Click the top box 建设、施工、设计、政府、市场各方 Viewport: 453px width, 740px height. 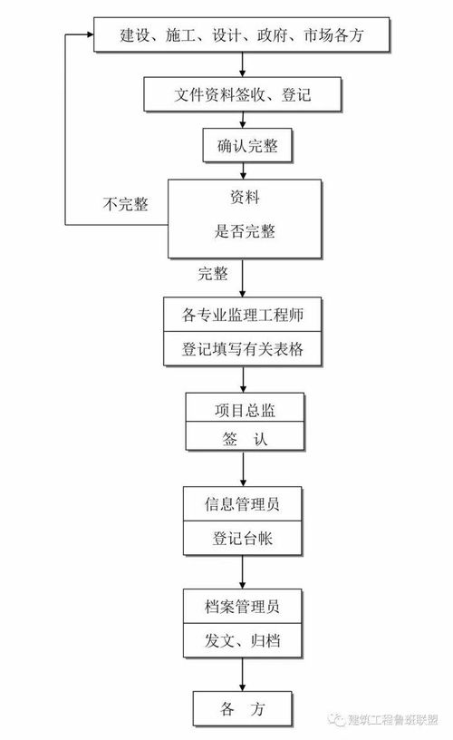[243, 36]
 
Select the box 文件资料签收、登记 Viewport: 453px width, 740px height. [243, 93]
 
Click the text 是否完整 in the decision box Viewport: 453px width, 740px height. [243, 232]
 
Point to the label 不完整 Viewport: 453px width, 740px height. [125, 204]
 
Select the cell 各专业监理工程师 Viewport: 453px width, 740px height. [243, 316]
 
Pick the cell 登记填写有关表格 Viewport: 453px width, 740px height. [243, 350]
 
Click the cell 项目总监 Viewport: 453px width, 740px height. [243, 410]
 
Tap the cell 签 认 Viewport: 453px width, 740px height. [243, 438]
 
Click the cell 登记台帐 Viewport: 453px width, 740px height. [243, 538]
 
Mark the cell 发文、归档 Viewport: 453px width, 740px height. [243, 641]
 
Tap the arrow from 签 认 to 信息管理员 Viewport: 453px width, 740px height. [243, 470]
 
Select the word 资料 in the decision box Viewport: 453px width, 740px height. [243, 196]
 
